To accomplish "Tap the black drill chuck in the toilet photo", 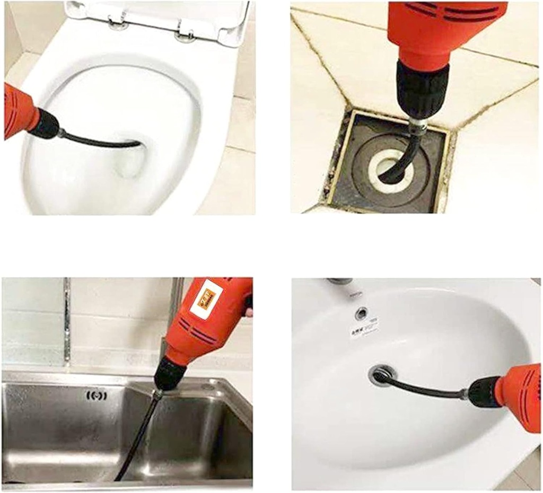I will pyautogui.click(x=46, y=125).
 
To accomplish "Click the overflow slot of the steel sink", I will pyautogui.click(x=97, y=395).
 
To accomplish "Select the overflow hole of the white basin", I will pyautogui.click(x=362, y=312).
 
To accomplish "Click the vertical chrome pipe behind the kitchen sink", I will pyautogui.click(x=67, y=323).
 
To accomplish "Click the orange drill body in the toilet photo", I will pyautogui.click(x=18, y=109).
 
